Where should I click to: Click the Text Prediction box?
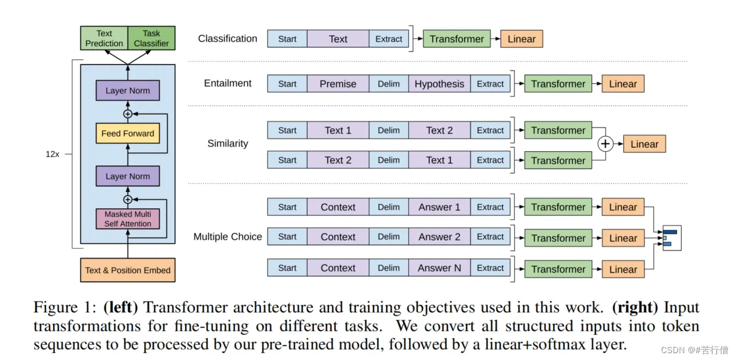click(104, 38)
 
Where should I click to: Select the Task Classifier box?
click(151, 38)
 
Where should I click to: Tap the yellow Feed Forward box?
click(128, 133)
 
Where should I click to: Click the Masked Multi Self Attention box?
click(128, 219)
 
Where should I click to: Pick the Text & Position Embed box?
click(128, 270)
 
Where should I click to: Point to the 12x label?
click(53, 154)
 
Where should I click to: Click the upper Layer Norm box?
click(128, 90)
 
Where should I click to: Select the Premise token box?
click(338, 84)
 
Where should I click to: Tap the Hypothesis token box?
click(439, 84)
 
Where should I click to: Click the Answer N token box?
click(439, 268)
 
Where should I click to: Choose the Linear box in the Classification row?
click(521, 39)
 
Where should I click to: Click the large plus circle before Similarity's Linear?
click(605, 144)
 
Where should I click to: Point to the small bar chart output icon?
click(672, 238)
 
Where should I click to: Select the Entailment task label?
click(228, 83)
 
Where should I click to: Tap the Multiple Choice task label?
click(228, 236)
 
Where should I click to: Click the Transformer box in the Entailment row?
click(558, 84)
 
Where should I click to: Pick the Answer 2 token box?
click(439, 237)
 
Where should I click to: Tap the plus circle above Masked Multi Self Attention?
click(128, 200)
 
